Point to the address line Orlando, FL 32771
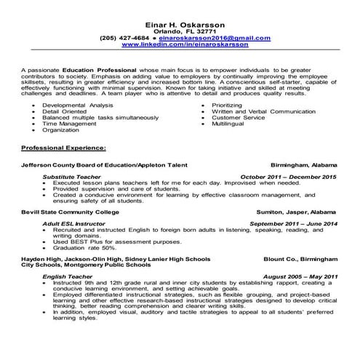[180, 21]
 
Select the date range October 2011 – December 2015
[288, 177]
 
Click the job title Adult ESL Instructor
[77, 223]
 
